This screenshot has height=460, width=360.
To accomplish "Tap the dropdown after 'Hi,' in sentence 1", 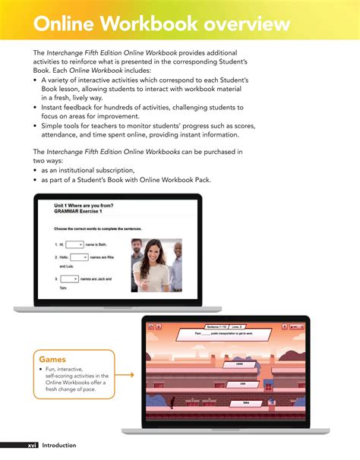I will tap(74, 244).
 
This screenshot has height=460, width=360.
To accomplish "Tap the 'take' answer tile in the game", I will tap(246, 402).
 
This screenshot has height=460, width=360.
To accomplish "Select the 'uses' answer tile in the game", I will tap(238, 363).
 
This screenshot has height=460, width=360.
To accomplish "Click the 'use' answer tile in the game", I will tap(242, 383).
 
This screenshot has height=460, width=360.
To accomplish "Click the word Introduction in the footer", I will tap(59, 445).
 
